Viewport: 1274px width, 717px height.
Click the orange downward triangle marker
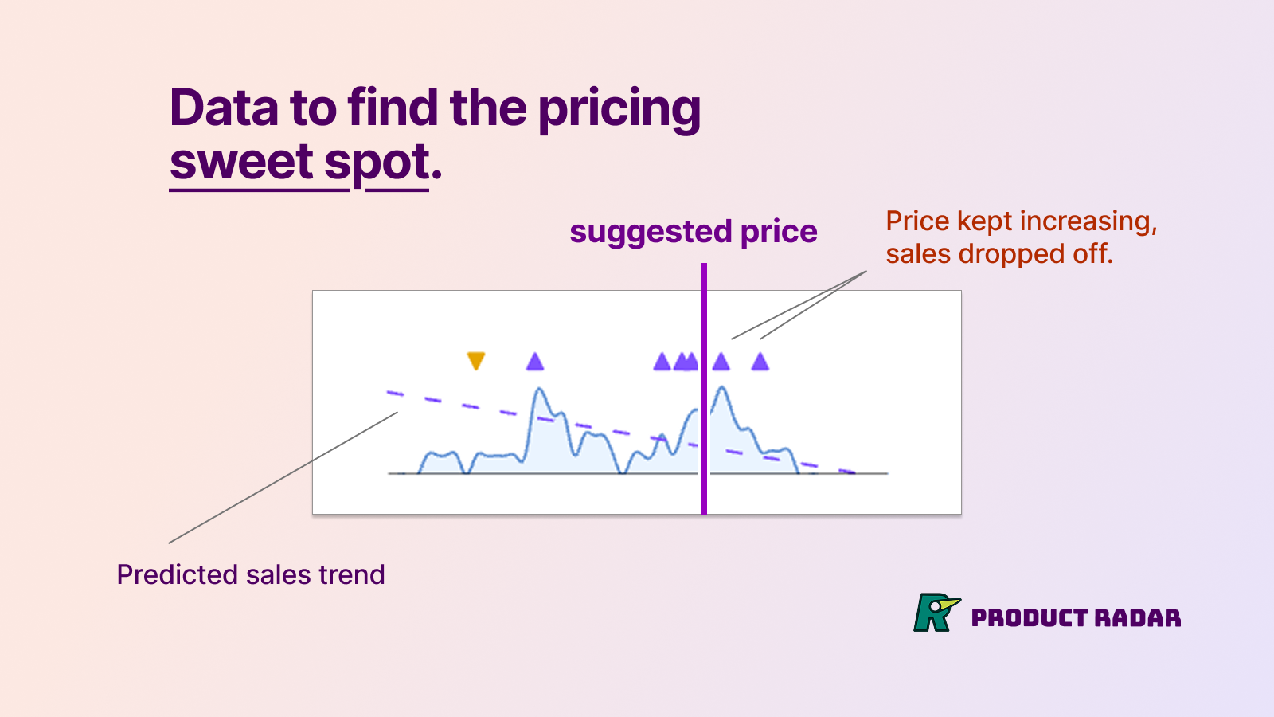[475, 361]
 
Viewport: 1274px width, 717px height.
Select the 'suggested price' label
[693, 232]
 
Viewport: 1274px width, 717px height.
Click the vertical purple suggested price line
[704, 398]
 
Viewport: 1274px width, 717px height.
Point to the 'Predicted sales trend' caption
[251, 574]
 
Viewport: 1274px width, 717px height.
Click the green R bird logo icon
[935, 613]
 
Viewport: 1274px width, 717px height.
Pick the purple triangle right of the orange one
[535, 362]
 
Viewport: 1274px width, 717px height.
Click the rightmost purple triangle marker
[760, 362]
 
